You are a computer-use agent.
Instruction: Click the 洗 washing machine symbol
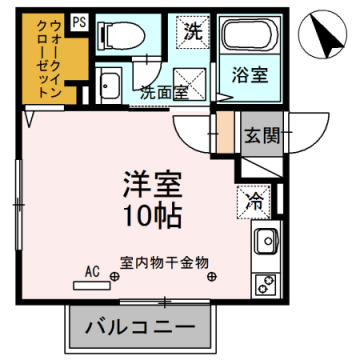coord(192,31)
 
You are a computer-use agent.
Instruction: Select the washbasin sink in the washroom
coord(111,86)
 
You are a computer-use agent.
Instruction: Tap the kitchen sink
coord(267,241)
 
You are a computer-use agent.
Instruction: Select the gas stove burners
coord(267,284)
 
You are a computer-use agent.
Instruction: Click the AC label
coord(92,271)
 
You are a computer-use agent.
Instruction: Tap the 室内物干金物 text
coord(164,262)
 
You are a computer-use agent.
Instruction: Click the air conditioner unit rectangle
coord(92,283)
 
